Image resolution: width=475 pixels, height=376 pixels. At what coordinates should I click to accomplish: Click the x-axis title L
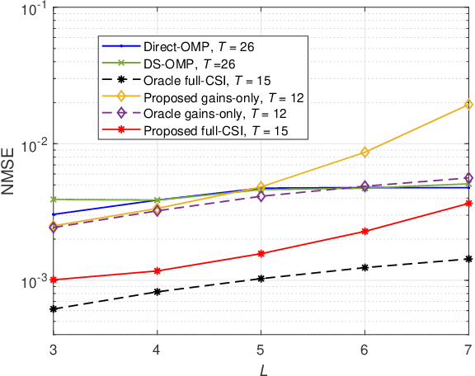point(261,367)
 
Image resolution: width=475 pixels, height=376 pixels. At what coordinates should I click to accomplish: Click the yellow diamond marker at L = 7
point(468,104)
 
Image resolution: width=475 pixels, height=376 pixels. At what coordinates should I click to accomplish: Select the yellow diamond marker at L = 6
point(364,152)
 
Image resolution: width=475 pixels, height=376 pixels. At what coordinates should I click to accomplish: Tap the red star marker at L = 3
point(54,280)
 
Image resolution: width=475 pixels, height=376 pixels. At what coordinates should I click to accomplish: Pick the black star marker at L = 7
point(468,259)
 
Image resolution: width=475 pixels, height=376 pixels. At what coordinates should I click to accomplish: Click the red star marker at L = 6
point(364,232)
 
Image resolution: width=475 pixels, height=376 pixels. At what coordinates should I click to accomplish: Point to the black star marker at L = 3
point(54,309)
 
